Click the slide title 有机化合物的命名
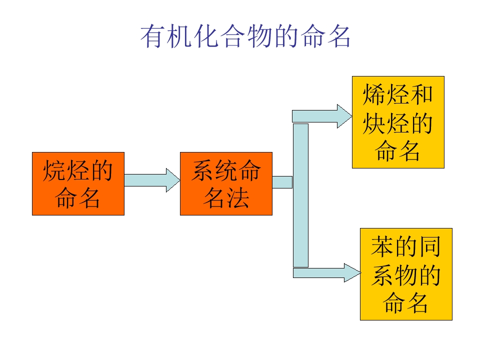(245, 36)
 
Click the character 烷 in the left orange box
(55, 171)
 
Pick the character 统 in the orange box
(226, 171)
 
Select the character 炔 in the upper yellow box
(374, 123)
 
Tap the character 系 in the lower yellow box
(382, 274)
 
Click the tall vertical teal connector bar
(300, 195)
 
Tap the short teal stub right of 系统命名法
(282, 182)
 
